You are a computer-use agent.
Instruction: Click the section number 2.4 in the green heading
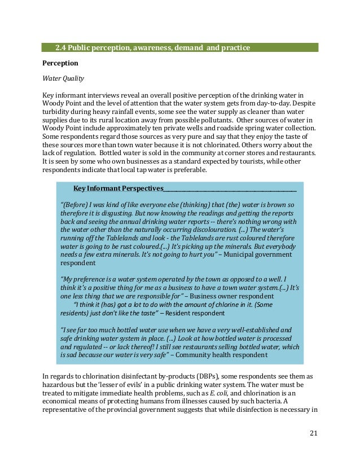(61, 47)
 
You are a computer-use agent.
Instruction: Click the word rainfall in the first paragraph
(122, 112)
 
